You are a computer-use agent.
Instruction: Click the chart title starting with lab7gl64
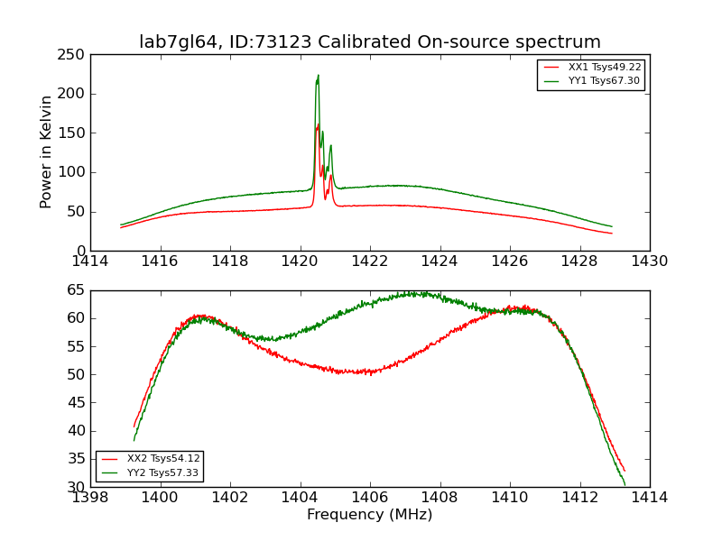370,42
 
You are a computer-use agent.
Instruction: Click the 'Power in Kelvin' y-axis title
47,151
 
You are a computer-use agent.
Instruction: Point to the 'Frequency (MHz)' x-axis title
370,515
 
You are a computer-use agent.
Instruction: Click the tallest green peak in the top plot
318,76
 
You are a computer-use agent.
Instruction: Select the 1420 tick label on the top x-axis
301,261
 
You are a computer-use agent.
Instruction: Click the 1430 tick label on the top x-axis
650,261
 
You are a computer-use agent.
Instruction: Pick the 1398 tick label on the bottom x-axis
90,498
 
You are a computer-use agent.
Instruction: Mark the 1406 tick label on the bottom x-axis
370,498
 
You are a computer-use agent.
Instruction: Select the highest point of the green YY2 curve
413,292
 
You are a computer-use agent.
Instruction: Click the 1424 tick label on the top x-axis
440,261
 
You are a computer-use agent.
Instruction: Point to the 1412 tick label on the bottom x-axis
579,498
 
